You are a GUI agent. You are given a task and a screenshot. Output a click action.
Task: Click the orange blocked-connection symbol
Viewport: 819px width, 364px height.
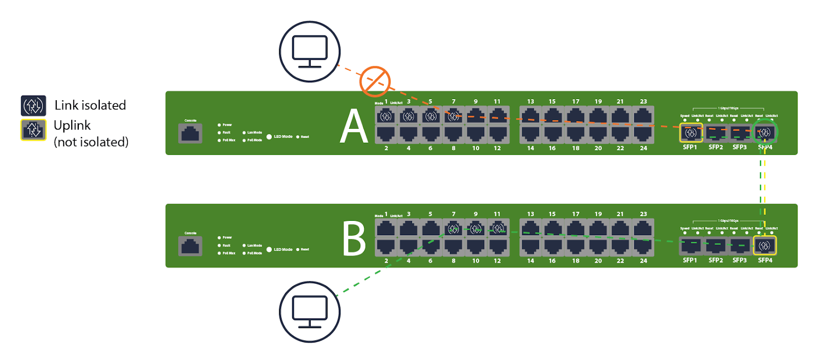click(375, 81)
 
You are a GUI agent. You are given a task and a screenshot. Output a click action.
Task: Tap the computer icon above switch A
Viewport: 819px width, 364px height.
click(310, 52)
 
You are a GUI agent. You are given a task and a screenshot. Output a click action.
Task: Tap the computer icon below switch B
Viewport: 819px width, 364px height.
click(310, 312)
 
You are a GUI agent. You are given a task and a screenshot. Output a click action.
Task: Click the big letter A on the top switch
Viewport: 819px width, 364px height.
click(354, 126)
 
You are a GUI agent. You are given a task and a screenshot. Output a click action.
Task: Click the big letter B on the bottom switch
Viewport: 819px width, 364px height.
click(354, 239)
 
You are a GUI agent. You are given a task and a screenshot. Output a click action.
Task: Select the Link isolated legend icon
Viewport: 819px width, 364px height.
click(33, 105)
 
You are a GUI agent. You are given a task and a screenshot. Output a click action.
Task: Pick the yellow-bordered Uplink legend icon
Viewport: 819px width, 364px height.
click(33, 130)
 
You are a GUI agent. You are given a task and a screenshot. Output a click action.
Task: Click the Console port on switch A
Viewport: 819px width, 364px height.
click(190, 133)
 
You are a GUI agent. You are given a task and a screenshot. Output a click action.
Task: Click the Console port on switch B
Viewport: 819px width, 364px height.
click(190, 246)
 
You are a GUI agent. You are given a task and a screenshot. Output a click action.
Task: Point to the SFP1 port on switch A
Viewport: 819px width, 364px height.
click(691, 133)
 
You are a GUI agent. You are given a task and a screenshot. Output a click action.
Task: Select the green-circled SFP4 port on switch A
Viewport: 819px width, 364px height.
click(765, 133)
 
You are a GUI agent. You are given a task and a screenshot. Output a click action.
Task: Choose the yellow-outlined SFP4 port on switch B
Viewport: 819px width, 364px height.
click(765, 245)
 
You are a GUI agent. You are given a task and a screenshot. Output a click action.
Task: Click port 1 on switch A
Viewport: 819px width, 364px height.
click(386, 117)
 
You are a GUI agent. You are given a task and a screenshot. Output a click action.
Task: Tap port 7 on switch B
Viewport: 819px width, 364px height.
click(454, 229)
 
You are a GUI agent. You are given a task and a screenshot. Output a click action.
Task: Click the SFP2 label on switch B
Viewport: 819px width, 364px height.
click(716, 260)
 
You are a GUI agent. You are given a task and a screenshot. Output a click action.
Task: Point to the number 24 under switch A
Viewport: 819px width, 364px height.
click(643, 148)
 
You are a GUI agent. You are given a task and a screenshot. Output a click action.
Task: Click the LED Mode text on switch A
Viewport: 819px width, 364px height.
click(283, 136)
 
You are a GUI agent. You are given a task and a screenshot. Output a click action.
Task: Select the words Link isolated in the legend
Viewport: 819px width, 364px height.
click(90, 105)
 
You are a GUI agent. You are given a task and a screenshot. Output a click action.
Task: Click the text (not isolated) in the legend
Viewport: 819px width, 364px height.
click(91, 142)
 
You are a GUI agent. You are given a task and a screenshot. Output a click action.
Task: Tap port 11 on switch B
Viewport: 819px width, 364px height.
click(498, 229)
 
